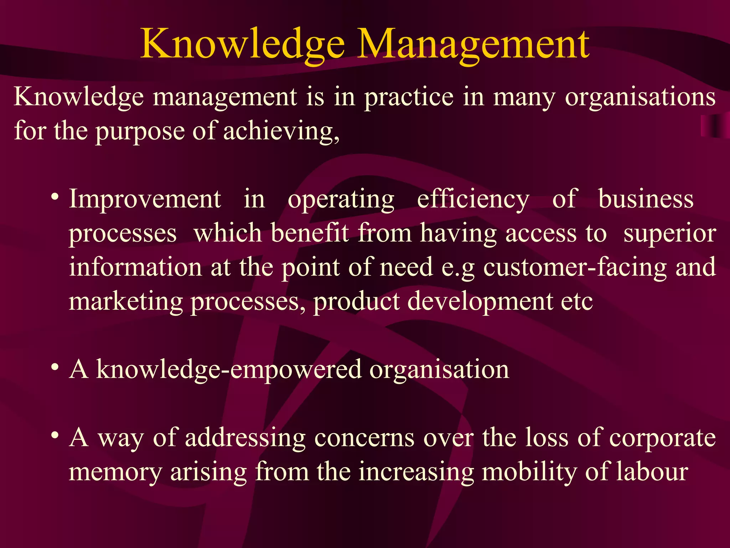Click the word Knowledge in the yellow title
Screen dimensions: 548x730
click(x=242, y=45)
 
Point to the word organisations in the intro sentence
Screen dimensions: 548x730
click(x=640, y=97)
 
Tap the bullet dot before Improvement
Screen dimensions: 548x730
click(x=55, y=197)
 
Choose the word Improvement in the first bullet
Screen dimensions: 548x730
click(x=145, y=199)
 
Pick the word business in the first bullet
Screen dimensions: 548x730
click(x=646, y=199)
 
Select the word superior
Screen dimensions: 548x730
click(x=669, y=234)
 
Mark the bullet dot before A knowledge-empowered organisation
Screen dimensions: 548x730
click(x=55, y=367)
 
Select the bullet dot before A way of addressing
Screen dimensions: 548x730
click(x=55, y=436)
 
